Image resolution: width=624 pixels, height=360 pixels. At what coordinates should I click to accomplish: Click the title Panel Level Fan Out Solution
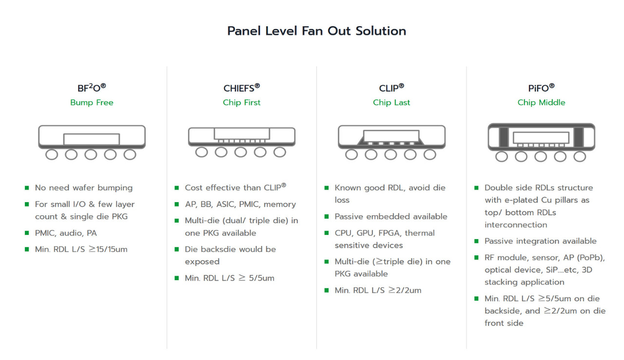tap(317, 31)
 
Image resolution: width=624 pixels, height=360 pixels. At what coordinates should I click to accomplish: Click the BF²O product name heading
tap(92, 88)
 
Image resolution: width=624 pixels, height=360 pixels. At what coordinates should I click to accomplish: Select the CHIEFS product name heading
tap(241, 88)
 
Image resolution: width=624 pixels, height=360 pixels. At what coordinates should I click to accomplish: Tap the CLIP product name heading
tap(391, 88)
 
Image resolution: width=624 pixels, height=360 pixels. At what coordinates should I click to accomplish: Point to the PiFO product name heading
tap(541, 88)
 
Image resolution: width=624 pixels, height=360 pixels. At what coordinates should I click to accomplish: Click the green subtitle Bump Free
tap(92, 102)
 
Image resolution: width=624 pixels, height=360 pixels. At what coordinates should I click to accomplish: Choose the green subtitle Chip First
tap(241, 102)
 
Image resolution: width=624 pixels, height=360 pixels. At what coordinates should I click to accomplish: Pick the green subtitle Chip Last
tap(391, 102)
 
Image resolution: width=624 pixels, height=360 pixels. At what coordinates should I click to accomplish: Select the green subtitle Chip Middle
tap(541, 102)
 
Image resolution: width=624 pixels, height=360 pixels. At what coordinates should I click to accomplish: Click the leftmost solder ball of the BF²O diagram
tap(52, 154)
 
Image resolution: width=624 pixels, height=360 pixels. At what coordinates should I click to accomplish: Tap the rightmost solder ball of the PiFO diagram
tap(580, 156)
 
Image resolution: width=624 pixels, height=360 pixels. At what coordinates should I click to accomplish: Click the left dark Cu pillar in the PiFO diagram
tap(504, 137)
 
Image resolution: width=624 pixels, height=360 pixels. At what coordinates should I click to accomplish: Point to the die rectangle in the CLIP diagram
tap(391, 136)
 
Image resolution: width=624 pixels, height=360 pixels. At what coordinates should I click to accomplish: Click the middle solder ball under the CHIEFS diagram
tap(241, 152)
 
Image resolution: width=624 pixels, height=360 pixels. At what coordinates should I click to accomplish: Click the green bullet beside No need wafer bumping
tap(27, 188)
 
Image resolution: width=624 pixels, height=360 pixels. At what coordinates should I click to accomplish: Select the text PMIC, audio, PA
tap(66, 233)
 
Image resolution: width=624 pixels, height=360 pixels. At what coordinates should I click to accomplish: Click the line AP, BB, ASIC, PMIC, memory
tap(240, 205)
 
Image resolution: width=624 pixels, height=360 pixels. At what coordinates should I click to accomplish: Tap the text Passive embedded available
tap(391, 217)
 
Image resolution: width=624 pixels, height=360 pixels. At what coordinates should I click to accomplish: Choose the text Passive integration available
tap(541, 241)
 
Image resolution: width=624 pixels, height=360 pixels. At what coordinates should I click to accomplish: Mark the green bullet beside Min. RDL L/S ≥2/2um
tap(327, 290)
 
